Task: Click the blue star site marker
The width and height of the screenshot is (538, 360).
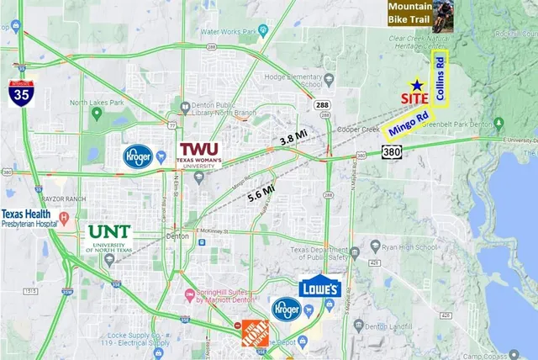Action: click(x=416, y=85)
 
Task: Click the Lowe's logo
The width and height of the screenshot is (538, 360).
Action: click(x=319, y=287)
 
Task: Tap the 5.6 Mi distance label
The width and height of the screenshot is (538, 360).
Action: click(x=261, y=196)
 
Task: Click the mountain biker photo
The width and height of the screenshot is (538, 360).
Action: click(x=441, y=16)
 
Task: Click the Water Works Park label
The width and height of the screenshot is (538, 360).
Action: click(x=227, y=33)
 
